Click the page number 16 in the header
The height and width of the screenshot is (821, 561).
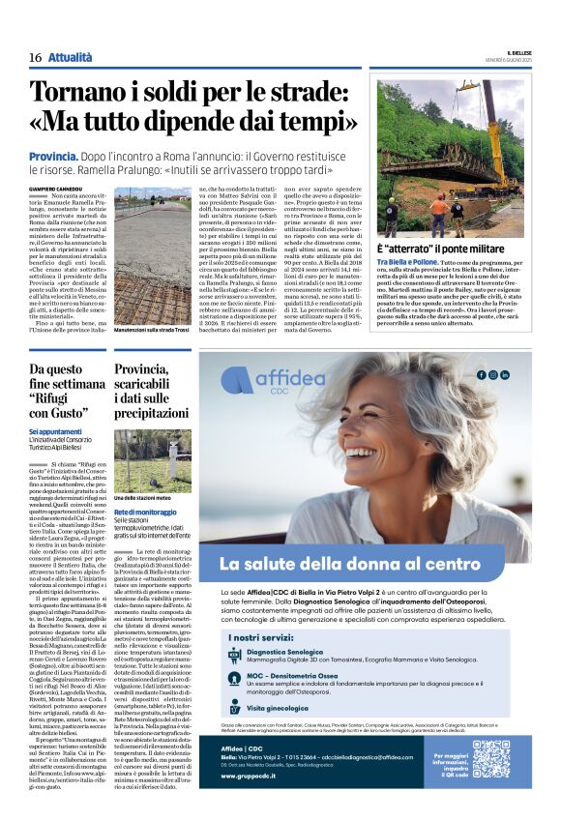click(35, 58)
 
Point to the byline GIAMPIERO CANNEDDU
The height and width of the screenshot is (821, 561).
click(57, 189)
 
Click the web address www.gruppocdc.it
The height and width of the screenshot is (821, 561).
click(250, 802)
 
